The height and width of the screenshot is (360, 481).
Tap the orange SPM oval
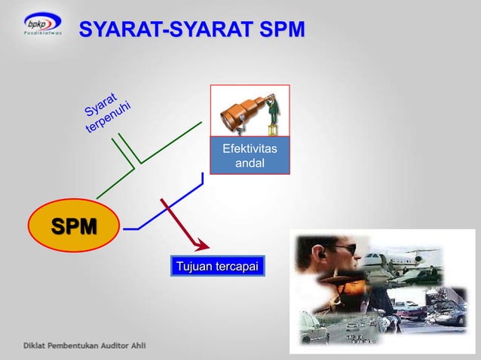click(x=74, y=225)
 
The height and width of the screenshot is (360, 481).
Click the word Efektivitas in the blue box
click(x=249, y=150)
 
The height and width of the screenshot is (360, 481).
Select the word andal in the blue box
click(x=249, y=163)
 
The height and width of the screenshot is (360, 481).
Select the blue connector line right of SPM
click(x=162, y=211)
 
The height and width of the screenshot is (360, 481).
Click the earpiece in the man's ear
click(x=315, y=258)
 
